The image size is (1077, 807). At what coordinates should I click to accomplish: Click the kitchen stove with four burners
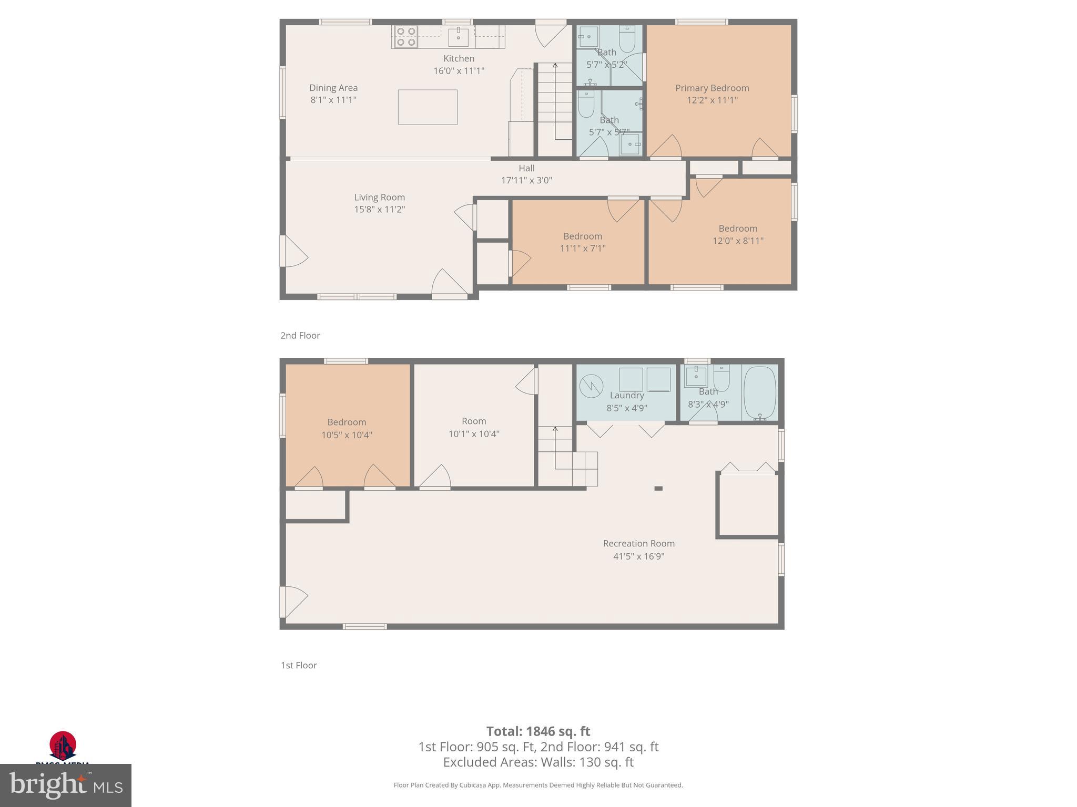[x=405, y=37]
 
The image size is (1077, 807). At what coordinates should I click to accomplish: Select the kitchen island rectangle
[x=427, y=107]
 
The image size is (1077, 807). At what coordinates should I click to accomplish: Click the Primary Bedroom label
[x=712, y=88]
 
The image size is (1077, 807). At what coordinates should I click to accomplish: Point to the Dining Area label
[x=333, y=88]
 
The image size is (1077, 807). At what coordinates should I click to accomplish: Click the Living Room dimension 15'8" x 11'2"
[x=379, y=210]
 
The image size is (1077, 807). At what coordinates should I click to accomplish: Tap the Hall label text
[x=526, y=168]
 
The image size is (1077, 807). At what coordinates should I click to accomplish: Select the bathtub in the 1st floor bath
[x=760, y=392]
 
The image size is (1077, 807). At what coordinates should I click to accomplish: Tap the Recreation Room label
[x=638, y=543]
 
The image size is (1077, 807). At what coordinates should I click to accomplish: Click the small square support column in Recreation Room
[x=658, y=489]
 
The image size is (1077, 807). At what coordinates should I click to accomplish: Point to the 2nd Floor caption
[x=300, y=335]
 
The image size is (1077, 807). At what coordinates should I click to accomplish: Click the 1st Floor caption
[x=298, y=665]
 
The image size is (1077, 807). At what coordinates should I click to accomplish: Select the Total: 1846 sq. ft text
[x=538, y=731]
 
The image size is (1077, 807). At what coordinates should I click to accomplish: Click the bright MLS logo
[x=65, y=785]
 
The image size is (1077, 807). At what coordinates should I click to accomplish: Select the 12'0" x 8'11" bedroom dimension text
[x=738, y=241]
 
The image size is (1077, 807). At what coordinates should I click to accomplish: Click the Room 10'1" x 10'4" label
[x=473, y=427]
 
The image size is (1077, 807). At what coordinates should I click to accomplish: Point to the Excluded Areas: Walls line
[x=538, y=762]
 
